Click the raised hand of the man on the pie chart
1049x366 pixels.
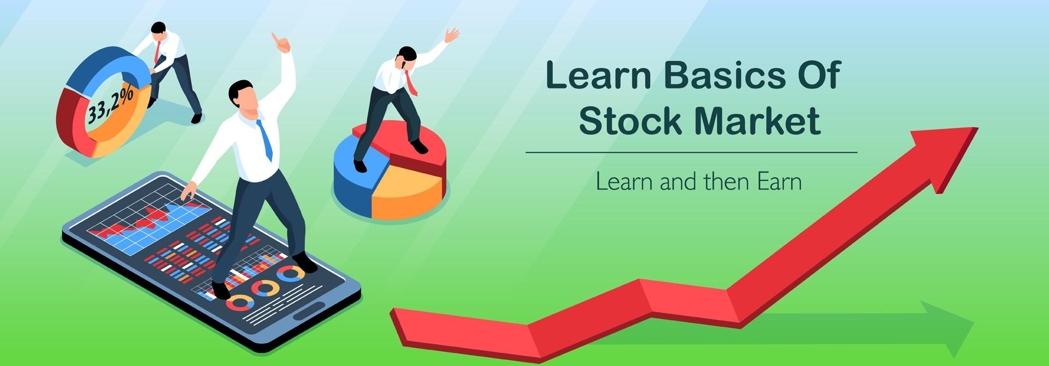(x=451, y=35)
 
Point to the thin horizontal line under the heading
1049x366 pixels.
(x=691, y=152)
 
